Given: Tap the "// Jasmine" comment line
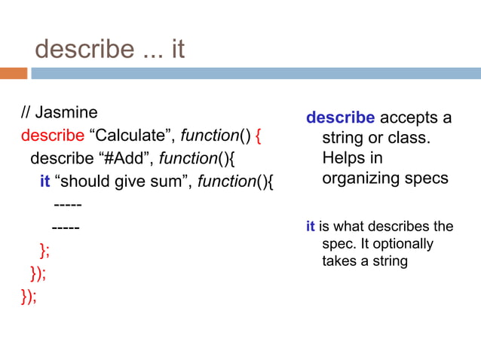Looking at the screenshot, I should pyautogui.click(x=60, y=113).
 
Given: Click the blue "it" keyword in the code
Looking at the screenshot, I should pyautogui.click(x=45, y=182).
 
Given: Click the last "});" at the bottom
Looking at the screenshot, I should pyautogui.click(x=28, y=294).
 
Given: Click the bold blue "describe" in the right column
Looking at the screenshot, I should pyautogui.click(x=340, y=118).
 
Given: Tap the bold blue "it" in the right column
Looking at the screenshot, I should pyautogui.click(x=310, y=227).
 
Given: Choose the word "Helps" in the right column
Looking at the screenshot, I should pyautogui.click(x=343, y=159).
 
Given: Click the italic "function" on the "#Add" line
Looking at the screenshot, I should pyautogui.click(x=185, y=159).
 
